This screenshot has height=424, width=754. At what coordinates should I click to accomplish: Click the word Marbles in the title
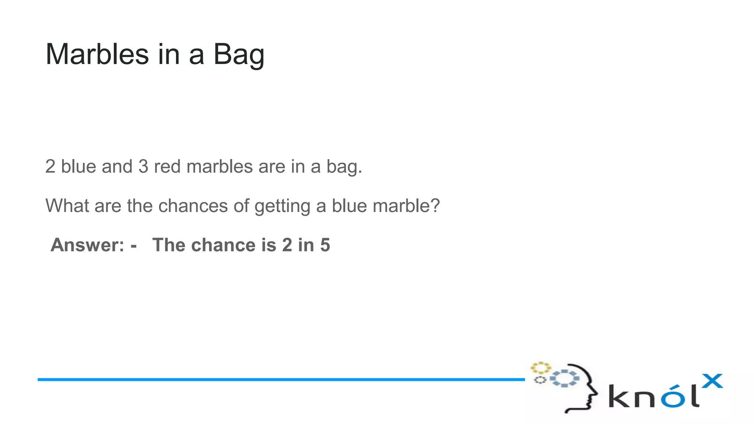pos(97,54)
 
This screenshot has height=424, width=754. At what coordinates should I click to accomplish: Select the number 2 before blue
pos(50,167)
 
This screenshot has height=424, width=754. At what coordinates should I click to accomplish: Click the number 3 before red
pos(143,167)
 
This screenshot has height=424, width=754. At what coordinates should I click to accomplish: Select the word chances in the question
pos(193,206)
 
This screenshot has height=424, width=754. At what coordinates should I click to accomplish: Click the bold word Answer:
pos(88,245)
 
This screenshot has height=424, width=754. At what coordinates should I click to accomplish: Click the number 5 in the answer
pos(325,245)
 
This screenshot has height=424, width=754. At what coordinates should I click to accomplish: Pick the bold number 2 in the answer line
pos(287,245)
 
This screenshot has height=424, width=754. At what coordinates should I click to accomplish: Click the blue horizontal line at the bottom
pos(280,379)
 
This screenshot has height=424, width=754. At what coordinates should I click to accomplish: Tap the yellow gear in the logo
pos(540,368)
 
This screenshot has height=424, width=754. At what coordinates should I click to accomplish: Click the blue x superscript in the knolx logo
pos(712,381)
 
